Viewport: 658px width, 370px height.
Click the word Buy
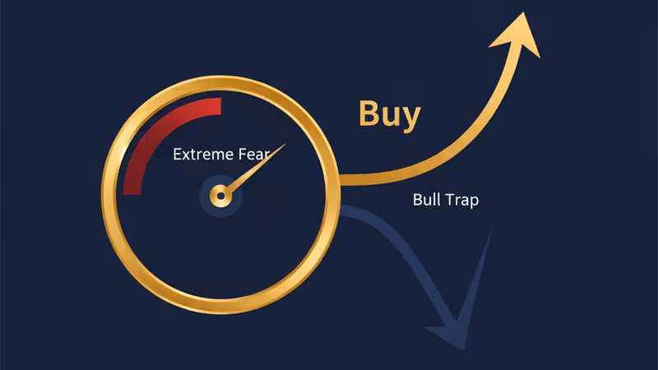tap(389, 115)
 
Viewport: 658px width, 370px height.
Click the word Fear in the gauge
tap(254, 155)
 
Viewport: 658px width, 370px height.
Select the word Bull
tap(426, 200)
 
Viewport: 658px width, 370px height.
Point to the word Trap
tap(462, 201)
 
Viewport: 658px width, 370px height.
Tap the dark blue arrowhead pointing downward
tap(461, 306)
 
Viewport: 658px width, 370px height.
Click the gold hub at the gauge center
tap(220, 196)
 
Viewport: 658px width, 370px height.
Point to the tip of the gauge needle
tap(285, 144)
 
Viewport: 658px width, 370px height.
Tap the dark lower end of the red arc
tap(132, 193)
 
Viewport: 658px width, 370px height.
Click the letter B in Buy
tap(368, 113)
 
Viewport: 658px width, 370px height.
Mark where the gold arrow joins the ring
tap(341, 179)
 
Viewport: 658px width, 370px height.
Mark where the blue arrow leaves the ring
tap(341, 210)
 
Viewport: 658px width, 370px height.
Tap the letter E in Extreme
tap(177, 155)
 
